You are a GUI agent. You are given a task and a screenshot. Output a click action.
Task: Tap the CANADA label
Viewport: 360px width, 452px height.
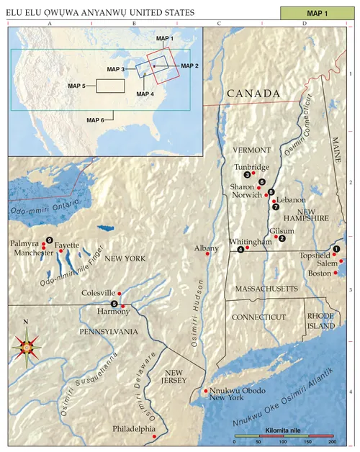pos(253,95)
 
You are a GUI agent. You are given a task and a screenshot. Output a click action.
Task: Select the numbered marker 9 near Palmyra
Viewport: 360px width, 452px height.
pos(50,240)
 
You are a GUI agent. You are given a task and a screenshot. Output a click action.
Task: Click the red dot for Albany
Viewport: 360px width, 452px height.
pos(208,255)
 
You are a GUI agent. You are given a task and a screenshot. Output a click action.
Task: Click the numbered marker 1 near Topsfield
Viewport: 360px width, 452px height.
pos(336,248)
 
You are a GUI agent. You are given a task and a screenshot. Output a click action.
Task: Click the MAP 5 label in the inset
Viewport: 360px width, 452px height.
pos(77,86)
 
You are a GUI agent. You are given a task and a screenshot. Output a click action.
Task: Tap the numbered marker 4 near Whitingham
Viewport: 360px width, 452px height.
pos(240,249)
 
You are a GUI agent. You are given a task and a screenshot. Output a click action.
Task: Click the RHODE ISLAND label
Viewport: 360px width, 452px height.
pos(321,321)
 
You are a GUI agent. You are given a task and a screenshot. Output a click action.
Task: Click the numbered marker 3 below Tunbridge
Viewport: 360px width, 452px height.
pos(247,175)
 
